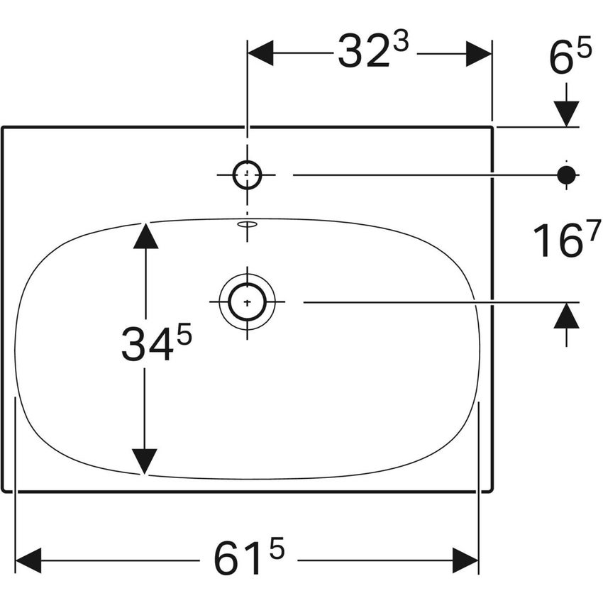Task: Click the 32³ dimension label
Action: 372,52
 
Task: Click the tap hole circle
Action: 247,174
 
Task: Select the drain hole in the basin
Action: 247,302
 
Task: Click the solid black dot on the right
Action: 566,174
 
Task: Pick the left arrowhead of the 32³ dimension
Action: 260,53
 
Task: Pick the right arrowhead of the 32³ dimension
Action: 479,53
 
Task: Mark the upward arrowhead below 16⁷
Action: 566,315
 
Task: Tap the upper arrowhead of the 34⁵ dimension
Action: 145,235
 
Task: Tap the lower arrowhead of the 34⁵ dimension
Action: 145,462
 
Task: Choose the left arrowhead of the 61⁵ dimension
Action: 29,560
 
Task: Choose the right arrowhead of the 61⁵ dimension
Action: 465,560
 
